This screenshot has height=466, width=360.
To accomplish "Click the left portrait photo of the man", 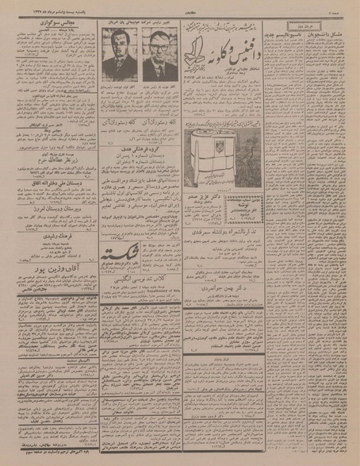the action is (x=120, y=58).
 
